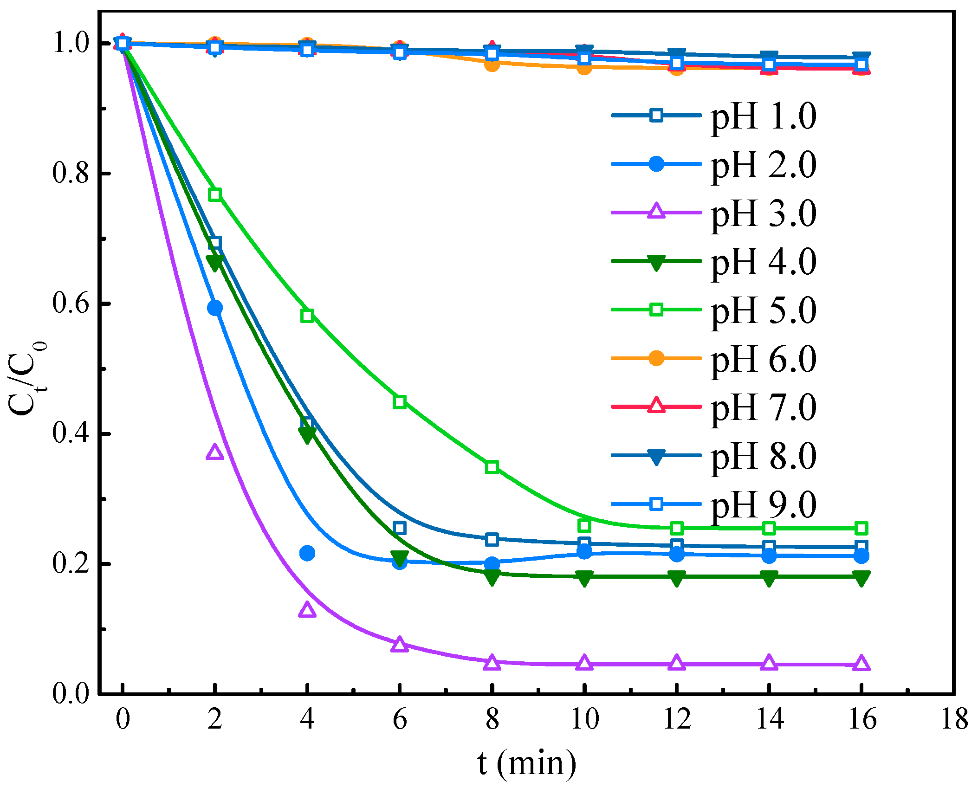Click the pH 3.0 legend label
tap(764, 213)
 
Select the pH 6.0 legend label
tap(764, 359)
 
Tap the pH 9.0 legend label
tap(764, 505)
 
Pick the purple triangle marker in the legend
tap(656, 212)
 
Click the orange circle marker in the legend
tap(656, 358)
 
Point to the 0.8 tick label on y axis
tap(70, 173)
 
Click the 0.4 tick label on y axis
tap(70, 433)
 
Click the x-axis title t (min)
tap(527, 763)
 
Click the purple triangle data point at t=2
tap(214, 452)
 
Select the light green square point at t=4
tap(307, 316)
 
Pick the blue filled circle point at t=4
tap(307, 553)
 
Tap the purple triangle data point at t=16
tap(861, 663)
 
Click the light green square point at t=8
tap(492, 467)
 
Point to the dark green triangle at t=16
tap(861, 578)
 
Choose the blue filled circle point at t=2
tap(214, 308)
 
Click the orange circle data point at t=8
tap(492, 64)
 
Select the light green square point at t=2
tap(214, 194)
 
